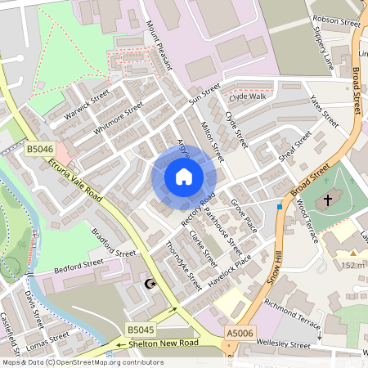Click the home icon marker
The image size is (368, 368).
tap(184, 177)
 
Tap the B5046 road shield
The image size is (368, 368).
tap(39, 149)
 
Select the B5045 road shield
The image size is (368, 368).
tap(141, 329)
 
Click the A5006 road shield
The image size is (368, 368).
tap(240, 332)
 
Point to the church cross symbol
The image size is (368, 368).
tap(328, 200)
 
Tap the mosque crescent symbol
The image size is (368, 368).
tap(150, 283)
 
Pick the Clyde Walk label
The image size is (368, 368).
tap(246, 96)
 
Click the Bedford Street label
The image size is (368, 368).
tap(79, 266)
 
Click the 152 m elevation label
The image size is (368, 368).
tap(352, 265)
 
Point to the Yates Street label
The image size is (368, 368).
tap(324, 113)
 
